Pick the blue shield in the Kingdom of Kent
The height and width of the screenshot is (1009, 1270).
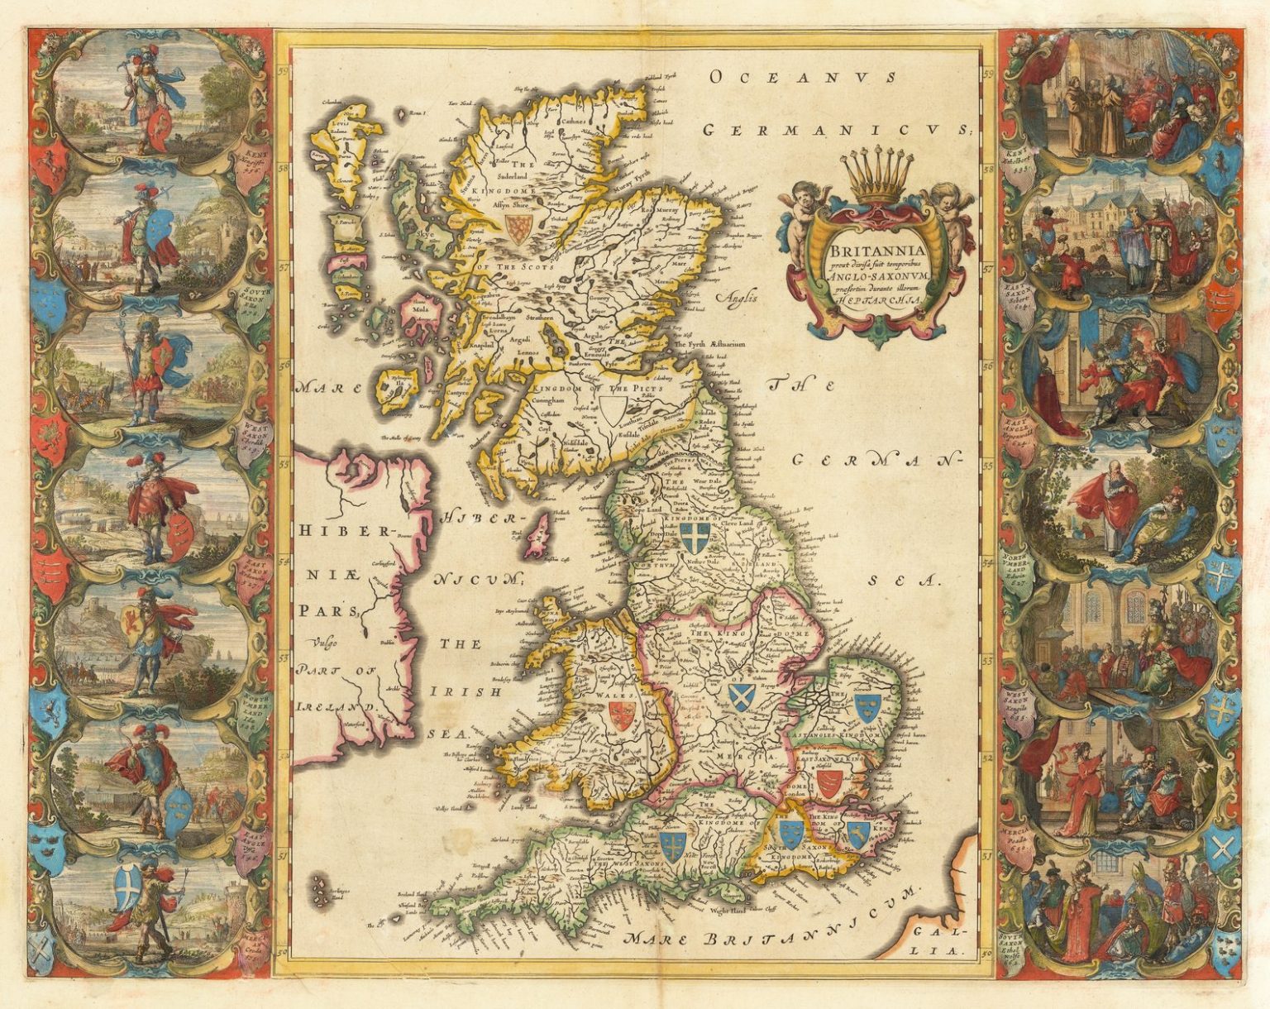tap(857, 834)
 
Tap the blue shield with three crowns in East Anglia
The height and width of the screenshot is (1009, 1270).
tap(865, 705)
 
